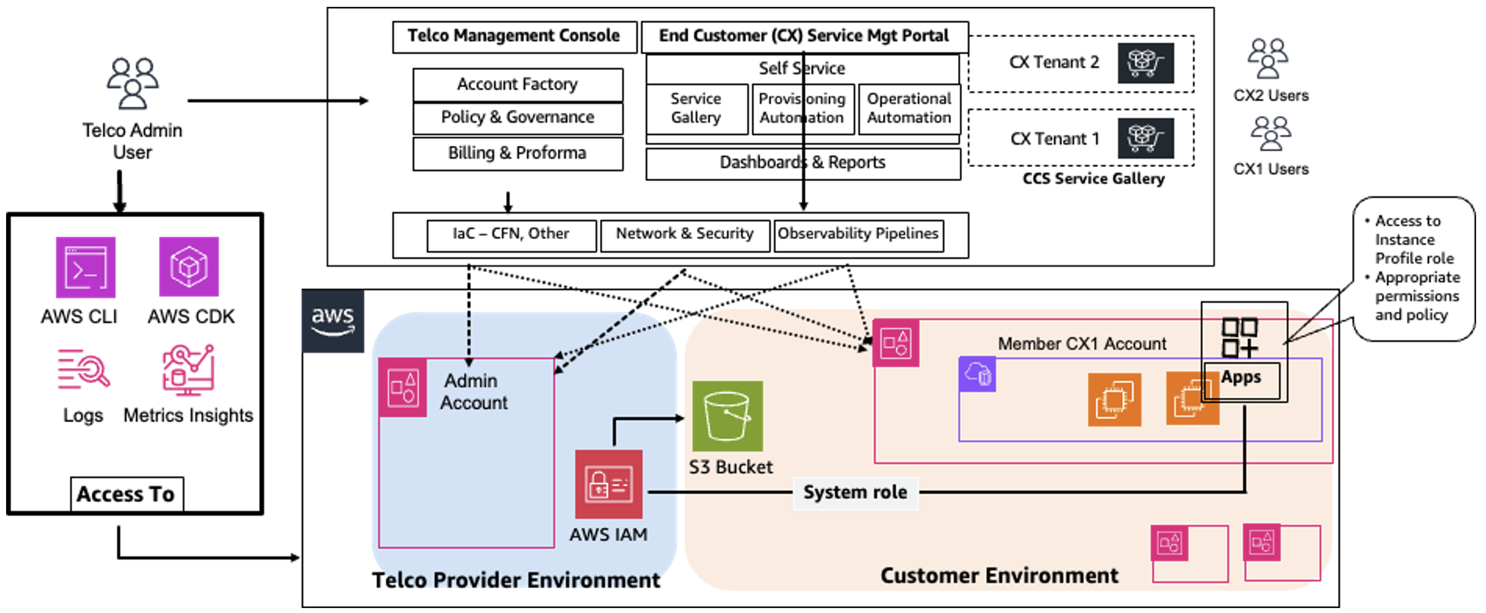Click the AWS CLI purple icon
click(86, 267)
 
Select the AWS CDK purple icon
click(189, 267)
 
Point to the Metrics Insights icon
click(188, 370)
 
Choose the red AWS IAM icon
click(609, 484)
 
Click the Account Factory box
click(517, 84)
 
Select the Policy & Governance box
click(517, 118)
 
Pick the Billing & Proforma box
click(517, 153)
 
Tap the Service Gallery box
click(696, 109)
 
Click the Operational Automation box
click(909, 109)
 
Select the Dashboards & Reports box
click(803, 163)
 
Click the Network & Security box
click(685, 234)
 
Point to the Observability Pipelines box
click(858, 234)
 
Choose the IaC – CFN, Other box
click(511, 234)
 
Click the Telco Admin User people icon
click(133, 83)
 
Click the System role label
click(855, 492)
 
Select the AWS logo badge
click(333, 321)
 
